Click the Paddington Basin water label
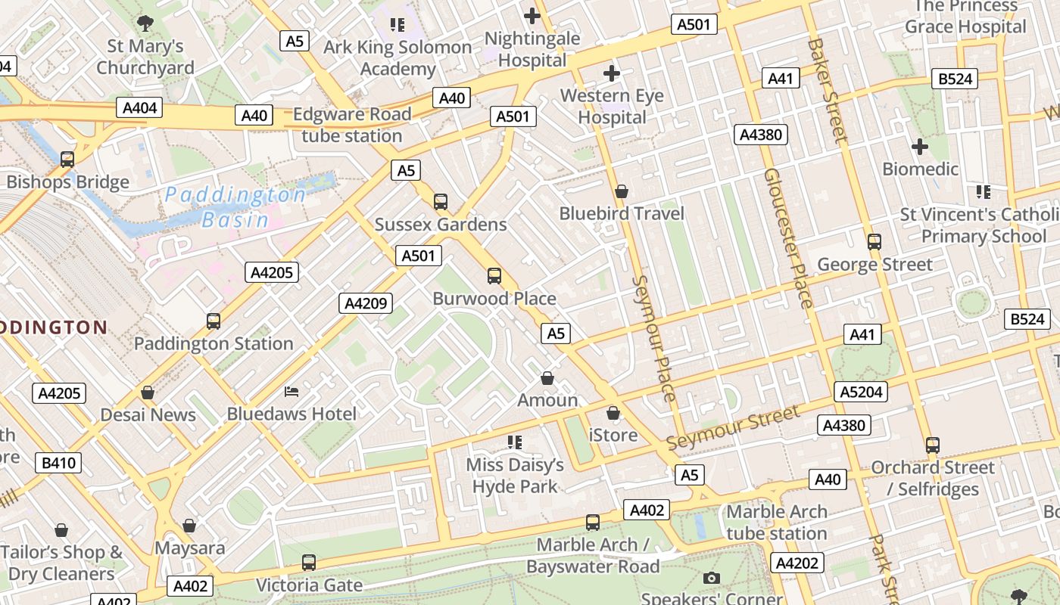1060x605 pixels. (x=235, y=207)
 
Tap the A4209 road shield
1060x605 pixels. (x=366, y=303)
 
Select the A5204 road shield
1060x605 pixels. (x=860, y=392)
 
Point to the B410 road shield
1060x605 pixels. (x=58, y=462)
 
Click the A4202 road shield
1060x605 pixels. (x=797, y=563)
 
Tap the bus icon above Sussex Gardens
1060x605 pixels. (x=441, y=202)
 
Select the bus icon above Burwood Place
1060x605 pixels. (x=494, y=276)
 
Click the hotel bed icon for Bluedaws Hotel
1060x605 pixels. (x=291, y=391)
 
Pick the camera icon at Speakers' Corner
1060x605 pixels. (x=711, y=579)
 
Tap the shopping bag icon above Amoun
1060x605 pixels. (x=547, y=378)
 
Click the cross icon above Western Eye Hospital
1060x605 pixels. (x=612, y=73)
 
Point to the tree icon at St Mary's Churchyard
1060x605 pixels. (x=145, y=23)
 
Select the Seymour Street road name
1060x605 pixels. (x=733, y=428)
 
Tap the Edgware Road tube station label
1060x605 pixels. (x=351, y=125)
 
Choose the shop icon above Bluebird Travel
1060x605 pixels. (x=622, y=192)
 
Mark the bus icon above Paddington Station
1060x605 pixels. (x=214, y=321)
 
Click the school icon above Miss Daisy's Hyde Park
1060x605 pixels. (x=515, y=442)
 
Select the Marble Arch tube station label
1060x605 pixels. (x=777, y=523)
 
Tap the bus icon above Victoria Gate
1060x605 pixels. (x=309, y=563)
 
